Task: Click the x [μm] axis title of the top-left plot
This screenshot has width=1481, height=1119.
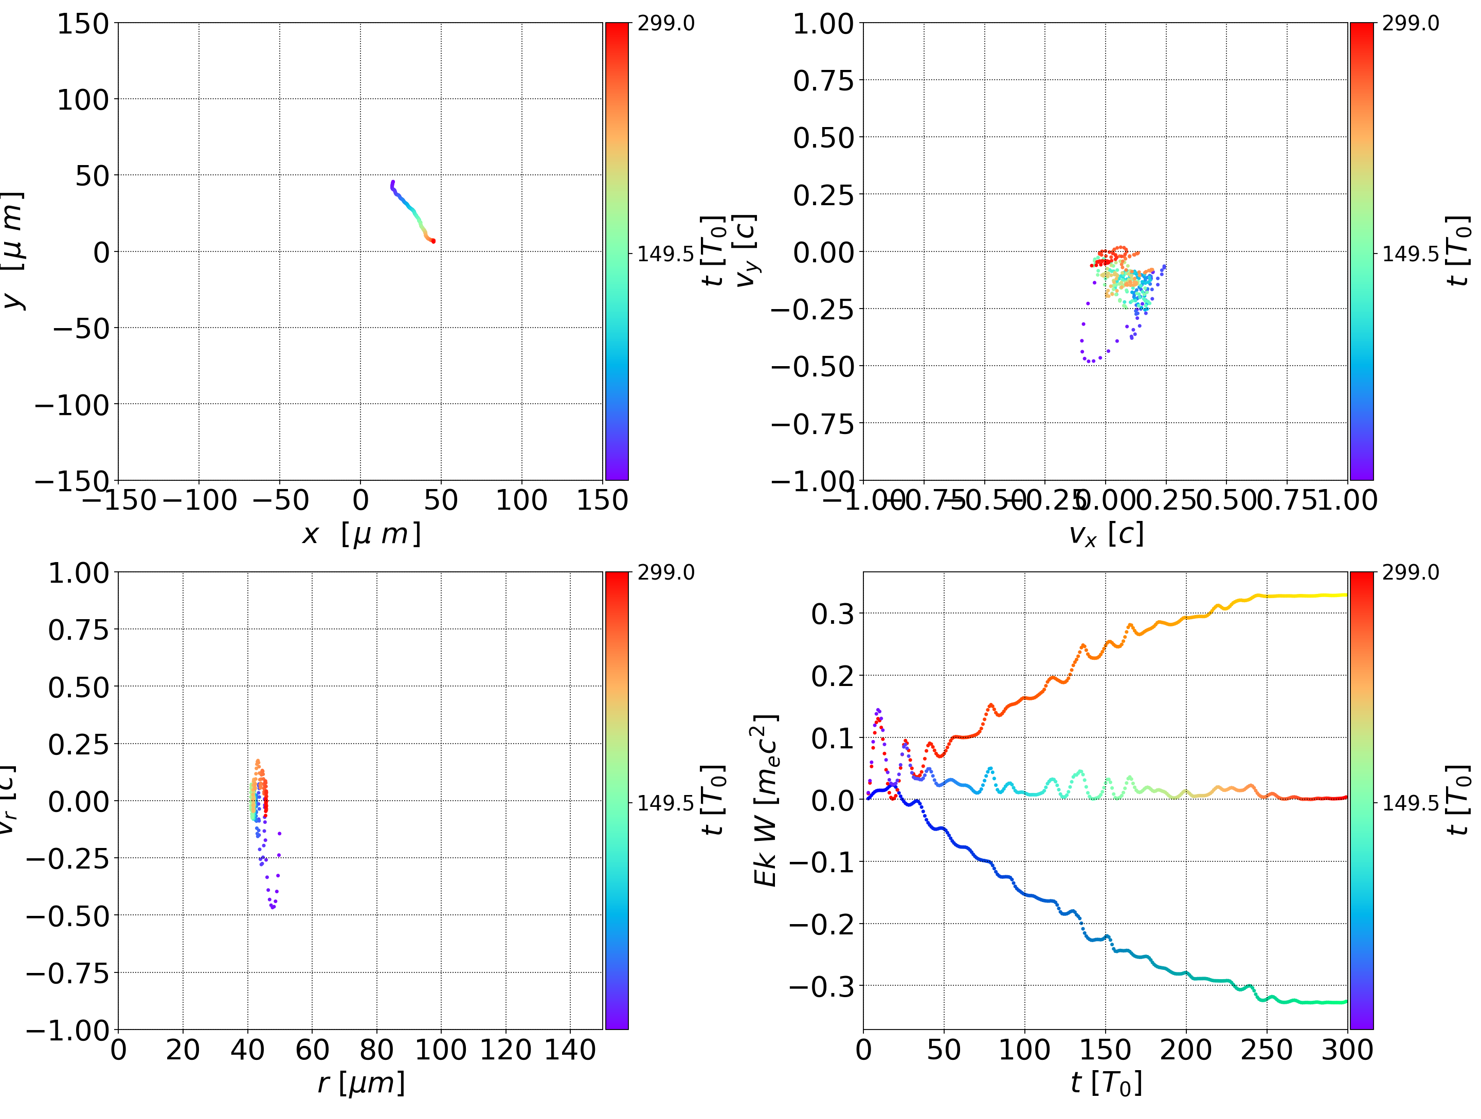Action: [361, 534]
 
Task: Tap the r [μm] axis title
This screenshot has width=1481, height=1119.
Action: [361, 1083]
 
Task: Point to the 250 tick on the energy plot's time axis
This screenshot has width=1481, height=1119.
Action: [1267, 1050]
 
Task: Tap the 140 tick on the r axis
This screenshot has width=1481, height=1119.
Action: [570, 1050]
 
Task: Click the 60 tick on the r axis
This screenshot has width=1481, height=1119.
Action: [312, 1050]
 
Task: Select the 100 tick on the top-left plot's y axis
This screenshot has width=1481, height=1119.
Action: [82, 100]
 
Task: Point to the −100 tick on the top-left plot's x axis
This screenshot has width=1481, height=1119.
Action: [200, 500]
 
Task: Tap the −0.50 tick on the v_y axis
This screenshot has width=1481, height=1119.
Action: [813, 366]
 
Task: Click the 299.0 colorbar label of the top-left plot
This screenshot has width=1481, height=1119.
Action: [665, 24]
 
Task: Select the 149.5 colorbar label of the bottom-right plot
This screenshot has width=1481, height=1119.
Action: [1410, 802]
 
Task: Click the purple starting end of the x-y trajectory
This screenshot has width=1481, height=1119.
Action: [393, 182]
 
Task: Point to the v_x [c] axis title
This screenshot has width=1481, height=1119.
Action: [1106, 534]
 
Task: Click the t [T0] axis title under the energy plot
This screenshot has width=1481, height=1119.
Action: [1106, 1083]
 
